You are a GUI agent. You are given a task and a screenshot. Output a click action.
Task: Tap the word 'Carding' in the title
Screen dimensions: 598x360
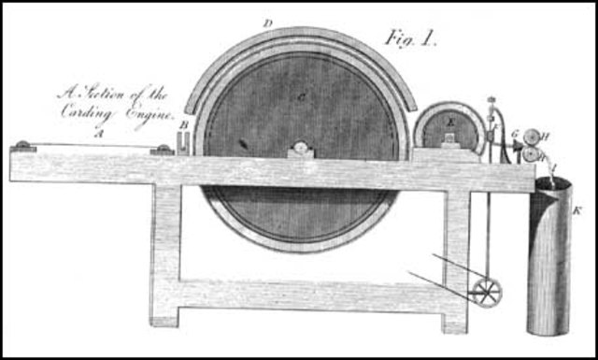(x=93, y=110)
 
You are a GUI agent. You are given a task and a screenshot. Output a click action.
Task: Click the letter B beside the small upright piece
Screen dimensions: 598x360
(x=185, y=123)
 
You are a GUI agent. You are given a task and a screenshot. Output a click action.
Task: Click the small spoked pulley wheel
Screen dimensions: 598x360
(x=487, y=292)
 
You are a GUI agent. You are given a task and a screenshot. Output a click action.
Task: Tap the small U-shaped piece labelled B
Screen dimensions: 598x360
(x=185, y=140)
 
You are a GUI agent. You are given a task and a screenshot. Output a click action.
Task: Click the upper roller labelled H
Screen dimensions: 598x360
(x=535, y=136)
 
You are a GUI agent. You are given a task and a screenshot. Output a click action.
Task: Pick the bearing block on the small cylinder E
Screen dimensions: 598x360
(x=449, y=139)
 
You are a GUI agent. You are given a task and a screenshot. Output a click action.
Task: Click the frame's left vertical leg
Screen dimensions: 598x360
(x=165, y=252)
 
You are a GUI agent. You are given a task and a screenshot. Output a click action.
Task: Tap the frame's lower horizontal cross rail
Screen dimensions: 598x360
(x=308, y=297)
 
